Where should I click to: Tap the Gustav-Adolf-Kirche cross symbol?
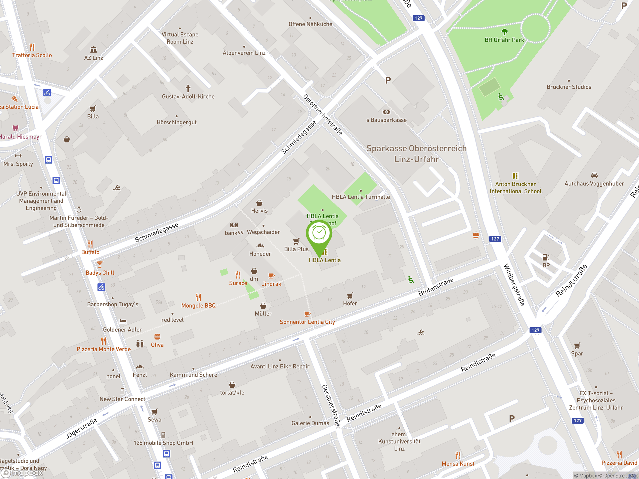click(x=188, y=88)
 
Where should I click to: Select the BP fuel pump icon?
click(x=546, y=257)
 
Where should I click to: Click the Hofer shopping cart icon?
click(x=350, y=295)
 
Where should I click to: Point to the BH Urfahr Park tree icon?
click(x=504, y=32)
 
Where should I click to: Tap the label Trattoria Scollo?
click(x=32, y=55)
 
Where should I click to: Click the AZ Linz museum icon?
click(x=93, y=49)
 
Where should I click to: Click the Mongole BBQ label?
click(x=198, y=305)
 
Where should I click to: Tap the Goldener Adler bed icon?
click(x=123, y=321)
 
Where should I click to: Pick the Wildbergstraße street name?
click(x=514, y=285)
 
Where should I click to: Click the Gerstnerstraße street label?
click(x=331, y=405)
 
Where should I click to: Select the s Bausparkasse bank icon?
click(x=386, y=112)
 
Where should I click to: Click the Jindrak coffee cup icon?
click(x=271, y=276)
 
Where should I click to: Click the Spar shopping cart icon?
click(x=577, y=345)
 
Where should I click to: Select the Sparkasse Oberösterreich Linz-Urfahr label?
click(x=416, y=154)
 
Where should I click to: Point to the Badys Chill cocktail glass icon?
click(x=100, y=264)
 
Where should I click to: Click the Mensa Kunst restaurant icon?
click(x=458, y=455)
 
